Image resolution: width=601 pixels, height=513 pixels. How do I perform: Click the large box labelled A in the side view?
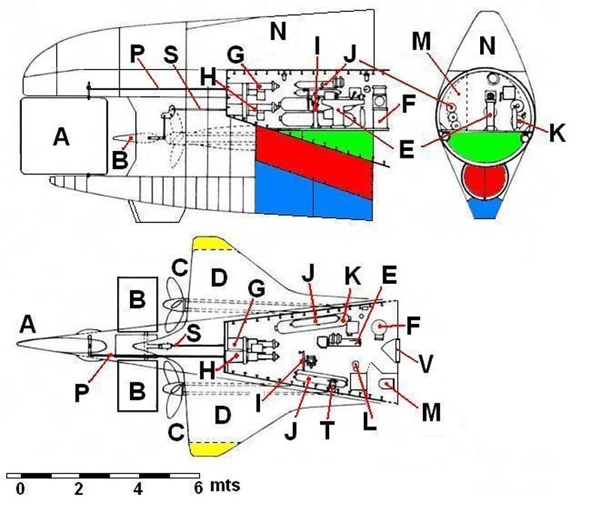[x=64, y=136]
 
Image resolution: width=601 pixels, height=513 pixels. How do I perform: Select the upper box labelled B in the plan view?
[x=137, y=304]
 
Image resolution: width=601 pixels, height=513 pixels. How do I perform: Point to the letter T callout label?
[x=328, y=430]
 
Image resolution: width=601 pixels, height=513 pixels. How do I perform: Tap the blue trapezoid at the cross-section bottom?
[x=485, y=209]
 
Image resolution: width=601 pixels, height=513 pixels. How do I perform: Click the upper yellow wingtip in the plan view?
[x=212, y=243]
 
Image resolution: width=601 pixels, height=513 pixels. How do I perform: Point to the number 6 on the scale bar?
[x=198, y=489]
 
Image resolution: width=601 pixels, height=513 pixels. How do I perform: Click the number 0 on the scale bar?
[x=20, y=489]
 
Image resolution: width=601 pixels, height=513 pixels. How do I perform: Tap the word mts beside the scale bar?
[x=225, y=486]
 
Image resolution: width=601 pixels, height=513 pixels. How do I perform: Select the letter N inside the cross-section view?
[x=487, y=46]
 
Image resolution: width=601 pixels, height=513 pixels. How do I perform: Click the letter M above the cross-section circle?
[x=421, y=41]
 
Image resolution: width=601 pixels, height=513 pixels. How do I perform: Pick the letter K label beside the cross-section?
[x=557, y=134]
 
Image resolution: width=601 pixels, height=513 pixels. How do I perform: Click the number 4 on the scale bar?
[x=138, y=489]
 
